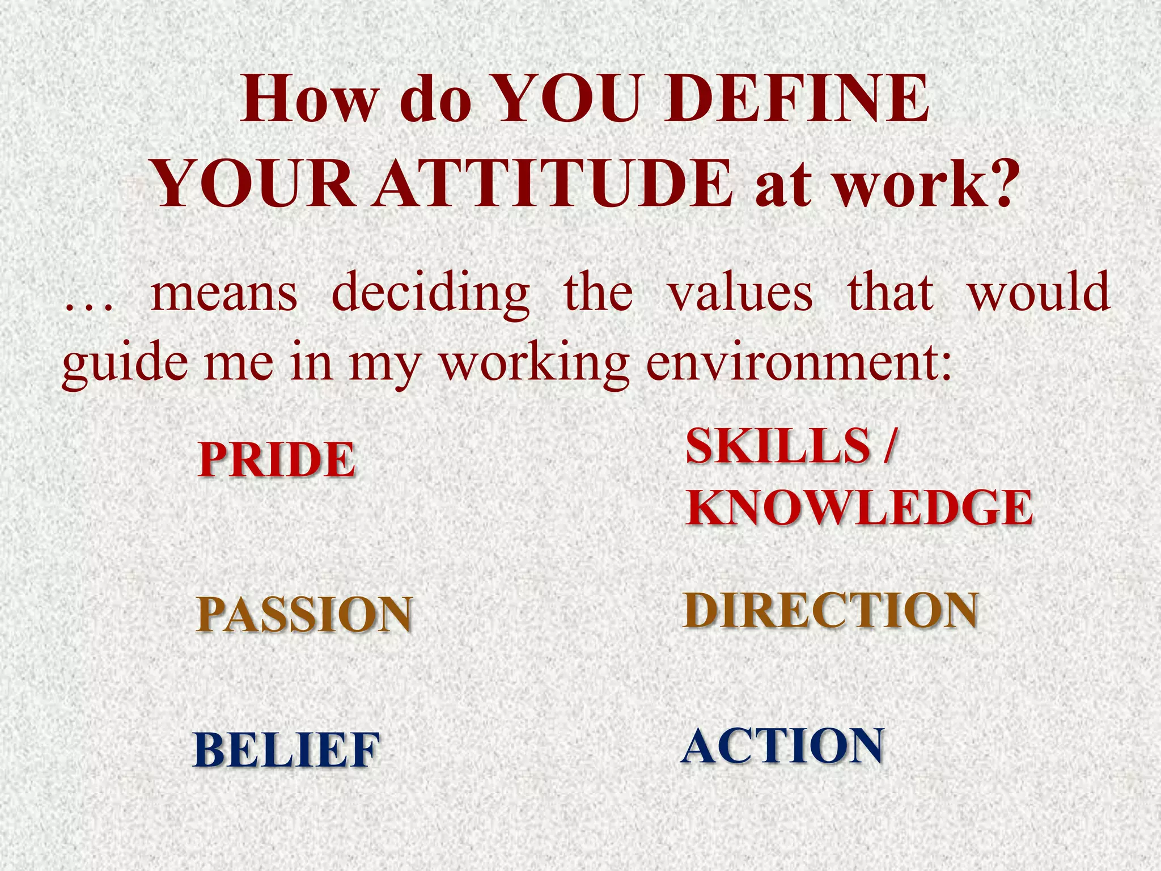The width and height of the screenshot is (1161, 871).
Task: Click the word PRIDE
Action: coord(277,459)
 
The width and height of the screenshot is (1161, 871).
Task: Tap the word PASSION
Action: coord(304,615)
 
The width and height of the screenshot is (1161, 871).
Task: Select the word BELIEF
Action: coord(286,750)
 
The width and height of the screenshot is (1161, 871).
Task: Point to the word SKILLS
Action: coord(778,446)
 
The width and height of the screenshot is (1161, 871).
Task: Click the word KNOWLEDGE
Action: coord(859,507)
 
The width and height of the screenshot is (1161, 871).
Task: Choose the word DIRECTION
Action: coord(831,610)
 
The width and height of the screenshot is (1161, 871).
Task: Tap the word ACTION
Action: coord(782,746)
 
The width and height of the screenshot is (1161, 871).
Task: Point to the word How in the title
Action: coord(309,100)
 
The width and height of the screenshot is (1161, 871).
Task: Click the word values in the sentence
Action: coord(740,293)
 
